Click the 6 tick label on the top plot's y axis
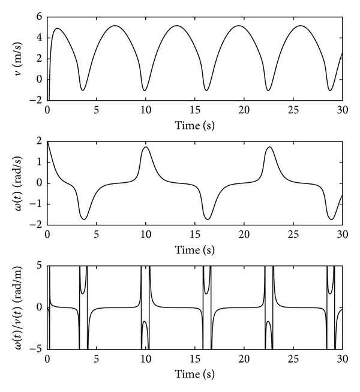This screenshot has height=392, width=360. coord(39,17)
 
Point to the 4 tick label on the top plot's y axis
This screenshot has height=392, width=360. coord(39,38)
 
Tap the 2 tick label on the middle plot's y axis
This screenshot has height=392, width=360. coord(39,141)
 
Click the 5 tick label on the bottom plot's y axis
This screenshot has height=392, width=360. coord(39,266)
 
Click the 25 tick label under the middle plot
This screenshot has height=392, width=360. coord(293,234)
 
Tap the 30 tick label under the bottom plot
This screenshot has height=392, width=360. coord(342,360)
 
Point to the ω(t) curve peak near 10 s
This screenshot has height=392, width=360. coord(146,147)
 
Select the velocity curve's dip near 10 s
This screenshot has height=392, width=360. coord(145,91)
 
